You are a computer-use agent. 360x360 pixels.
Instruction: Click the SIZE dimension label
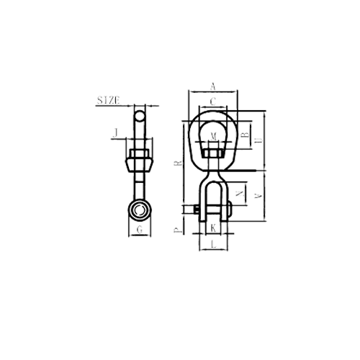point(108,100)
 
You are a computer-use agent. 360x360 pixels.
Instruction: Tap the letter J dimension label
point(116,132)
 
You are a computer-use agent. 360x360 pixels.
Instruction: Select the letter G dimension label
point(140,230)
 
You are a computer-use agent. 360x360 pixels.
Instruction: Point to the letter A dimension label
point(213,86)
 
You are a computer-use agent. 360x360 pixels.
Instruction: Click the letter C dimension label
point(213,102)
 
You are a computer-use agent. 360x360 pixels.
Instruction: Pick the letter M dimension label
point(213,137)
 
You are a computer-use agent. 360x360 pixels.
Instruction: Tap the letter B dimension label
point(246,135)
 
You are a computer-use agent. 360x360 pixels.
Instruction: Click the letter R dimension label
point(179,163)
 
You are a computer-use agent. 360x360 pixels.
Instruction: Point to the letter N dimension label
point(240,194)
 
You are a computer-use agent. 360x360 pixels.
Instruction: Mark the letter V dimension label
point(258,196)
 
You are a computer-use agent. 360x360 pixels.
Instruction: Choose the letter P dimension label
point(178,230)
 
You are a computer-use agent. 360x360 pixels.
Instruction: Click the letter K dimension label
point(213,228)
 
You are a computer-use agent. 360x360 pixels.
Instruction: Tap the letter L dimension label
point(213,245)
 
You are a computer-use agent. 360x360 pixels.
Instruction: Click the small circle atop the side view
point(140,116)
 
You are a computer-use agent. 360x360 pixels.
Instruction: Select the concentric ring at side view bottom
point(140,210)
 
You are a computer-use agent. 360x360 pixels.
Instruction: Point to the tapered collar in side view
point(139,166)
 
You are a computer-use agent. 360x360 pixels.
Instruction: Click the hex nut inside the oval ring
point(213,153)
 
